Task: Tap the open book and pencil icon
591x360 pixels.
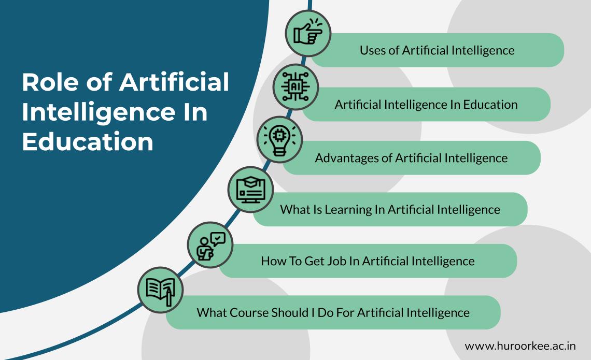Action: point(161,290)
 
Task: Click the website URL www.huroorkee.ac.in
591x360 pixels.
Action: point(520,345)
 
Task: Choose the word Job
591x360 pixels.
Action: point(336,261)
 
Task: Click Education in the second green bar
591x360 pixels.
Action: point(490,104)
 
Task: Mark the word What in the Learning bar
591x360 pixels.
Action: point(293,209)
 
